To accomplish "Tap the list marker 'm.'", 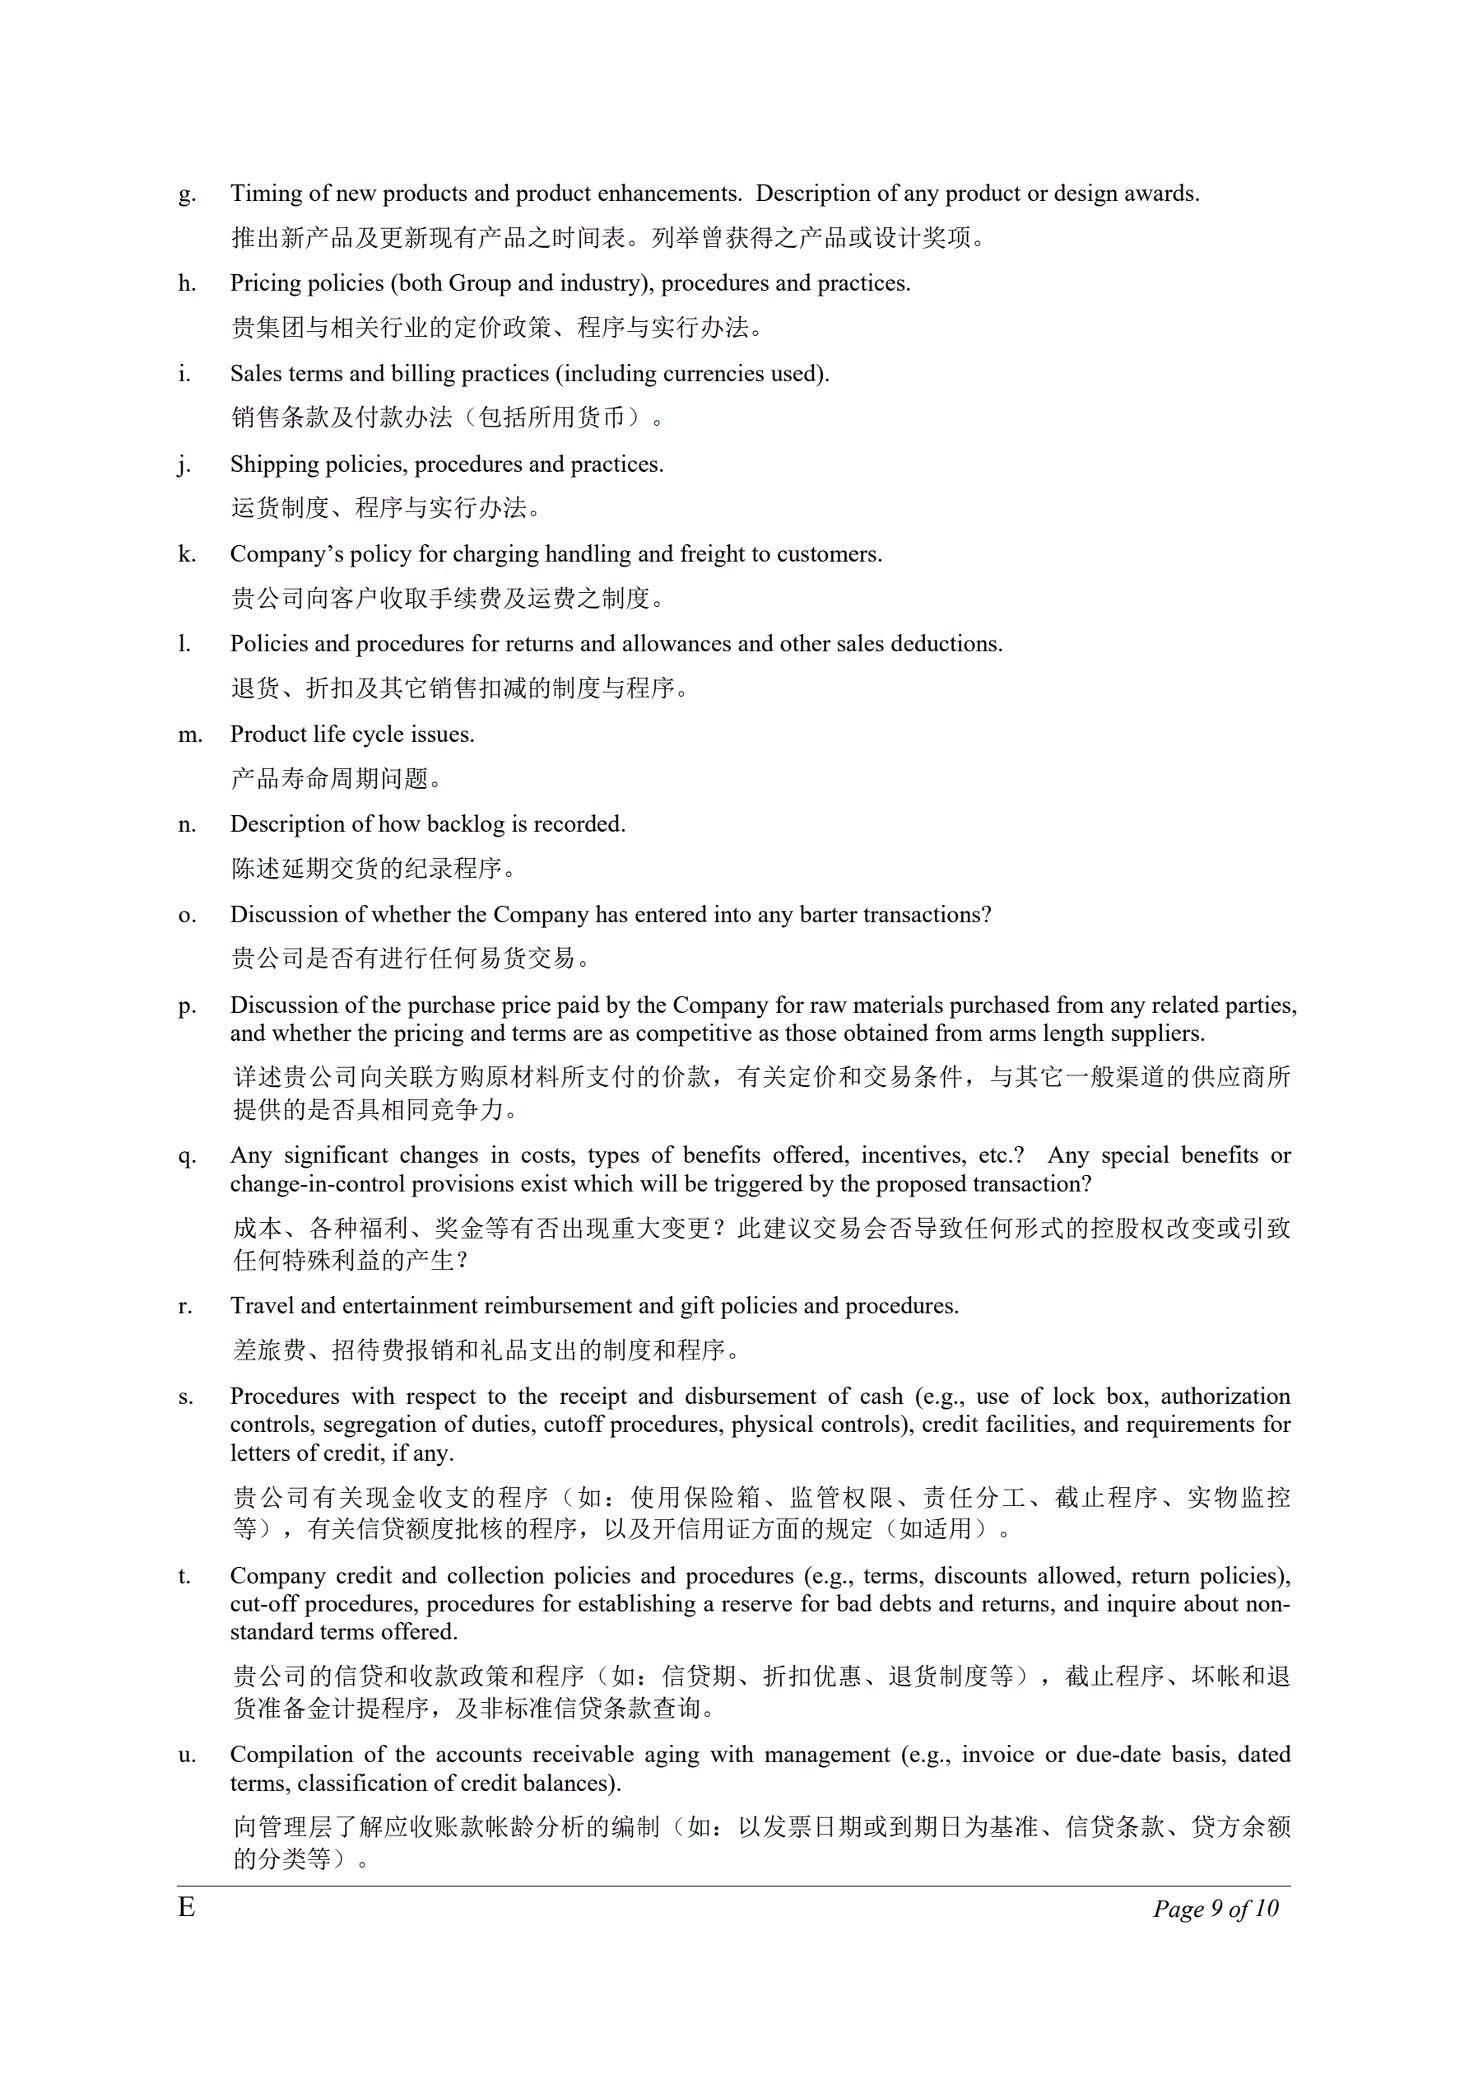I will click(x=190, y=735).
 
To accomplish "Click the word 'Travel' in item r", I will click(x=262, y=1306).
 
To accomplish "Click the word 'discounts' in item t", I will click(x=981, y=1576).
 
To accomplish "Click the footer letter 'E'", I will click(x=186, y=1908).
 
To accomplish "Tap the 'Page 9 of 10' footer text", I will click(x=1215, y=1909).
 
